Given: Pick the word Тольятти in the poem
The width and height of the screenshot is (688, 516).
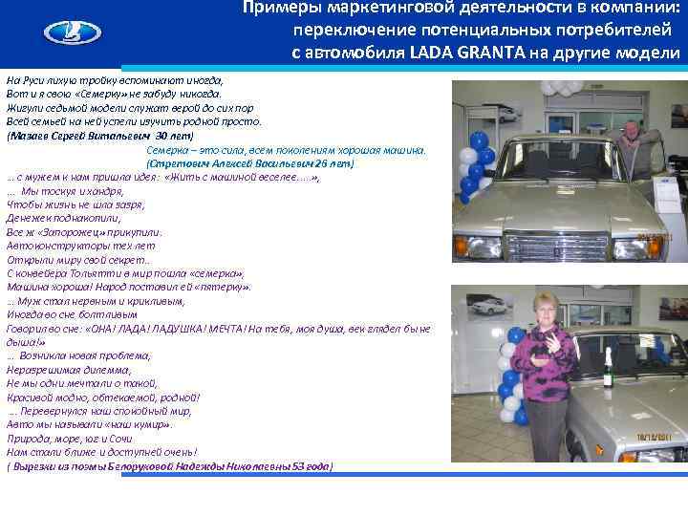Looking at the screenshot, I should tap(85, 272).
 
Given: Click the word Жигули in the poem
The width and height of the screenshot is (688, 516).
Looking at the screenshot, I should tap(23, 109).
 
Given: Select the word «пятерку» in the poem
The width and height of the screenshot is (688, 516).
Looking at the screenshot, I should tap(226, 287).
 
